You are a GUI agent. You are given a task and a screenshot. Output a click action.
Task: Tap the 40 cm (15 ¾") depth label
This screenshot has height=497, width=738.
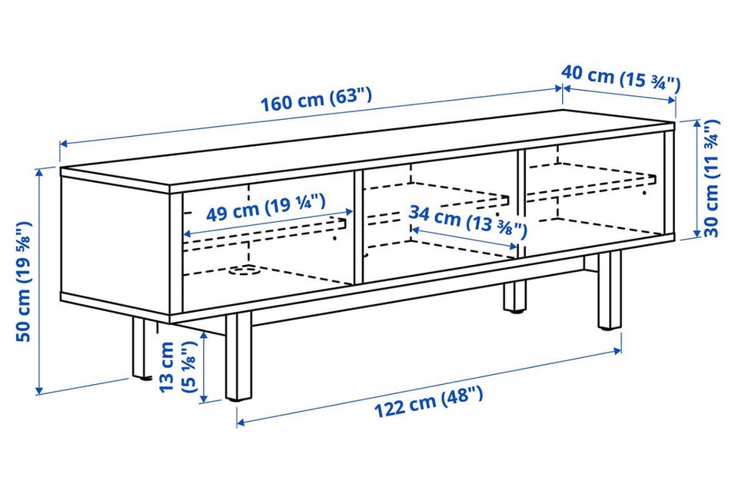(621, 78)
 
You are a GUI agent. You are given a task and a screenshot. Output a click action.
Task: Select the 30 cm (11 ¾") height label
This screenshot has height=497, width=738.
(711, 178)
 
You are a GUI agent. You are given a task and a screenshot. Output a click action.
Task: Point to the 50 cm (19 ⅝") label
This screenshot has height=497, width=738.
(24, 281)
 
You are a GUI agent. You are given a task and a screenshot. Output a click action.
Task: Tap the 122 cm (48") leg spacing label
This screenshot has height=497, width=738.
(428, 402)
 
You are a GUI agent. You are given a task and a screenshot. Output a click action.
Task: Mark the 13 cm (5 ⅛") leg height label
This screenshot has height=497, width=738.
(177, 366)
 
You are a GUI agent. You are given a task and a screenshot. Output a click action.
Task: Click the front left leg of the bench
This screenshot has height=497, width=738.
(238, 356)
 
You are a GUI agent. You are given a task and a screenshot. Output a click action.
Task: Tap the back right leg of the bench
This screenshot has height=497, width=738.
(514, 297)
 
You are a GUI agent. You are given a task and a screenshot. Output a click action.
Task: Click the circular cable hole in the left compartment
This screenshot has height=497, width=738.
(243, 270)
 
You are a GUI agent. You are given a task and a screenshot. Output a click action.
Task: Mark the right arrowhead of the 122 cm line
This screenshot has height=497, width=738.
(617, 350)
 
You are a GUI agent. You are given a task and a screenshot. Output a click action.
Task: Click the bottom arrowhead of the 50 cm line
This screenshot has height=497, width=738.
(39, 389)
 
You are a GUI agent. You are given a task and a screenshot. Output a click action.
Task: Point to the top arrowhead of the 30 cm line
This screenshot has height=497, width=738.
(697, 124)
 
